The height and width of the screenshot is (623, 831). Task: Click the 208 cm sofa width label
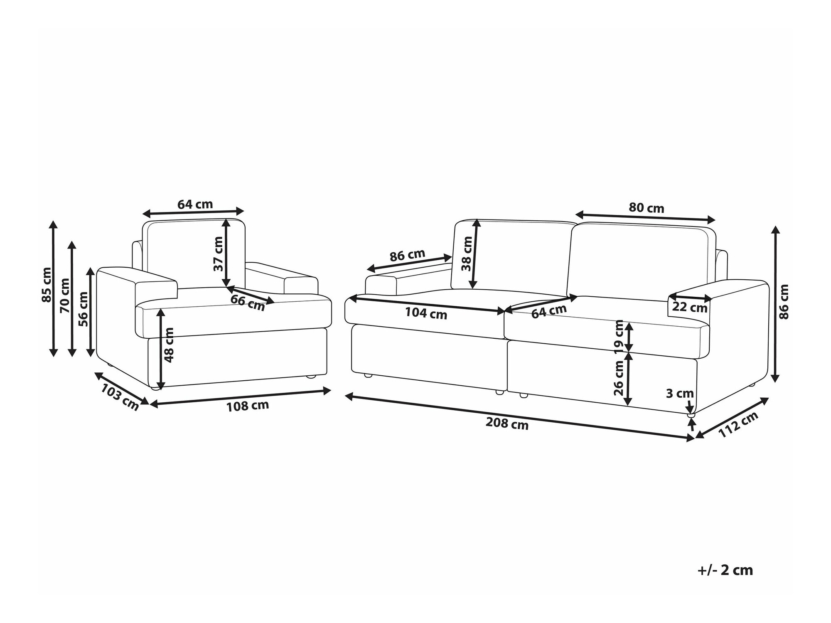[x=507, y=424]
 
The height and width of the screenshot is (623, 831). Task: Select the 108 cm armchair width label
[x=248, y=405]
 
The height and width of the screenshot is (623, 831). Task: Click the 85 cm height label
[x=47, y=285]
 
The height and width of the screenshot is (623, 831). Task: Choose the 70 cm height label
[x=65, y=295]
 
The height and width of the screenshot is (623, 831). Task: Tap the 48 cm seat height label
[x=169, y=345]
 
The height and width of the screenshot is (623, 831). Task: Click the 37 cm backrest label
[x=218, y=254]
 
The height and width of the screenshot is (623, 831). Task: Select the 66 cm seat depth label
[x=248, y=303]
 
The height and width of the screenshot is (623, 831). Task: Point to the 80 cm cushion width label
[x=646, y=208]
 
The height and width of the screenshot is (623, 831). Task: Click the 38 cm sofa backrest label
[x=467, y=254]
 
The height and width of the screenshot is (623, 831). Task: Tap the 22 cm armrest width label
[x=690, y=308]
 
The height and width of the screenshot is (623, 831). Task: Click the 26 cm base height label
[x=619, y=377]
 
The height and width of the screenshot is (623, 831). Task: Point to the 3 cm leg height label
[x=680, y=393]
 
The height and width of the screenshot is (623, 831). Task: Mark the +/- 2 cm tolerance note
[x=725, y=570]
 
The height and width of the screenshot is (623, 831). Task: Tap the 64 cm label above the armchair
[x=195, y=204]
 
